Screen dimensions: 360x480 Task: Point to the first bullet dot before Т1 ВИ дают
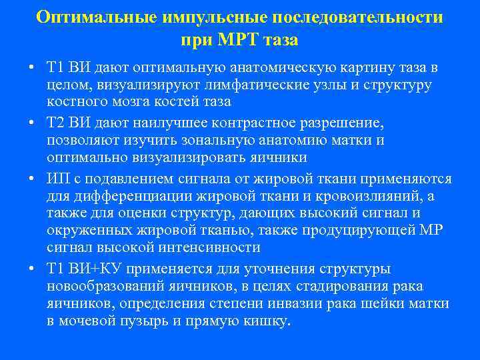click(x=31, y=69)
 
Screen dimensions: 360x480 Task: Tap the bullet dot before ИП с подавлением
click(x=31, y=179)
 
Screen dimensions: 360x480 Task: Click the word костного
click(x=75, y=103)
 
